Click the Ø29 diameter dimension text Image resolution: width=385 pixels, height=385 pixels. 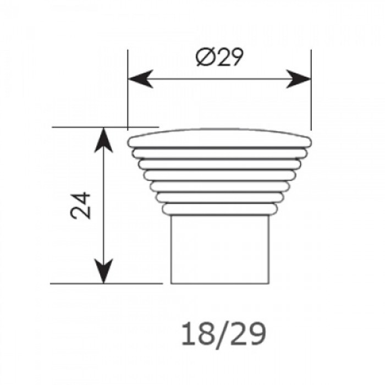pos(219,57)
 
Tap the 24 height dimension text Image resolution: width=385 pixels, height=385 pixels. pos(80,206)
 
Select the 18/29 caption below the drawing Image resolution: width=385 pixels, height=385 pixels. pos(224,334)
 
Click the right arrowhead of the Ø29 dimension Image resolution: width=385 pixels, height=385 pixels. pos(299,79)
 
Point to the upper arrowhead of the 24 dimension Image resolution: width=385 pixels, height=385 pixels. pos(103,140)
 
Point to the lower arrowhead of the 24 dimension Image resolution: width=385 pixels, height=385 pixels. pos(103,271)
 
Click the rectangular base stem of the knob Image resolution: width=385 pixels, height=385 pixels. pos(220,249)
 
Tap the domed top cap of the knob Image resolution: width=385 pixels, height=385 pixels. pos(219,138)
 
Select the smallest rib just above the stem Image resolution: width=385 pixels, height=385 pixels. pos(219,209)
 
